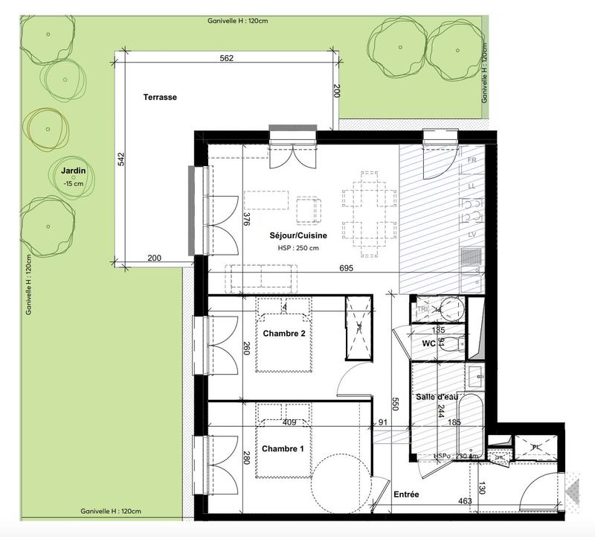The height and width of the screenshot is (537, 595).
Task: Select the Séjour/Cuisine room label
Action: pos(297,235)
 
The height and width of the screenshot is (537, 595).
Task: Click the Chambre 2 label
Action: pos(283,334)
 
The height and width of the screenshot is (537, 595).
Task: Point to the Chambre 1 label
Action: pos(283,449)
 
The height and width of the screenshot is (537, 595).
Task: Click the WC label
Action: pos(428,344)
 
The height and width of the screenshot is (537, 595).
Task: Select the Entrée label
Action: pos(405,495)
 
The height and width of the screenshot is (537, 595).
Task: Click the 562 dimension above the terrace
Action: pos(228,59)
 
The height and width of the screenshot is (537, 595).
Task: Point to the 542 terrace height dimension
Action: pos(120,161)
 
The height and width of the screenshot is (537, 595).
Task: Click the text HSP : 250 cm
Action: pos(297,248)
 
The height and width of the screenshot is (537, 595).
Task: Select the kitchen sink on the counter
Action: pos(469,257)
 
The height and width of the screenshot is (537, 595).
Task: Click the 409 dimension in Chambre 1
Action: pos(291,422)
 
